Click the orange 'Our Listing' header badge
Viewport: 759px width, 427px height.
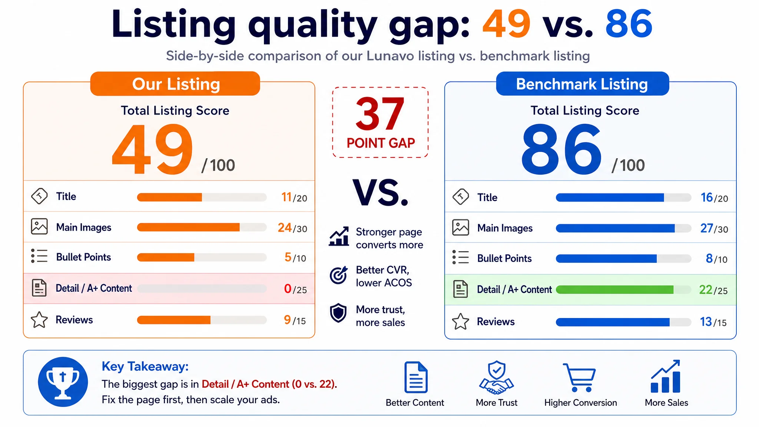tap(175, 84)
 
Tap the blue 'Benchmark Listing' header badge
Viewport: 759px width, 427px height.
tap(583, 84)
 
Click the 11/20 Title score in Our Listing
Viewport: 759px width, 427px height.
tap(294, 197)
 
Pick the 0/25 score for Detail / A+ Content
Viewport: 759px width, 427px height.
tap(295, 289)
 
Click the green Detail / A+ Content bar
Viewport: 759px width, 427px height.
tap(615, 290)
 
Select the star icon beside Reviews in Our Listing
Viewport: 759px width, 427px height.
tap(39, 320)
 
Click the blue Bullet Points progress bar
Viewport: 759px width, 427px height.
tap(606, 259)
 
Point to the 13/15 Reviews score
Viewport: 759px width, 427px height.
tap(713, 322)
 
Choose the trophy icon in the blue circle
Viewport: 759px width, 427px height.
tap(63, 382)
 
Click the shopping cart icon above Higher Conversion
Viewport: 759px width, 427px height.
tap(580, 377)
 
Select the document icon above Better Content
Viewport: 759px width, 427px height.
tap(416, 377)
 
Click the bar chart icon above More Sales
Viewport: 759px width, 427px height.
tap(666, 376)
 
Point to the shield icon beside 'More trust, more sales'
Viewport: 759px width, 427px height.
tap(338, 313)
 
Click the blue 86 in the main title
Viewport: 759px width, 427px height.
tap(629, 24)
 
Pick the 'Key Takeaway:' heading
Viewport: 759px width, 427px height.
tap(145, 367)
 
